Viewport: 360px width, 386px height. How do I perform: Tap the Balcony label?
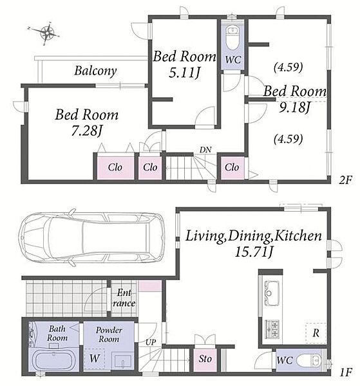pyautogui.click(x=95, y=71)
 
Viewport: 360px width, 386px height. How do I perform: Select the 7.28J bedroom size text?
pyautogui.click(x=86, y=131)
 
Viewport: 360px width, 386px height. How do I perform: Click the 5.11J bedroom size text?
pyautogui.click(x=184, y=73)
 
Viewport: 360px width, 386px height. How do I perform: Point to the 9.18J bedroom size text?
pyautogui.click(x=294, y=107)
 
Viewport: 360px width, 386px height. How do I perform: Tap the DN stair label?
pyautogui.click(x=205, y=149)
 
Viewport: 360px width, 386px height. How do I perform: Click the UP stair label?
pyautogui.click(x=150, y=342)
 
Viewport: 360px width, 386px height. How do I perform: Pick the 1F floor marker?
pyautogui.click(x=345, y=372)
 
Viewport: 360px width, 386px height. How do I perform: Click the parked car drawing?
pyautogui.click(x=91, y=237)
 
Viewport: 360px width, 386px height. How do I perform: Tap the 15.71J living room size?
pyautogui.click(x=254, y=252)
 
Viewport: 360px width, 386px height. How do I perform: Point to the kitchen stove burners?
pyautogui.click(x=272, y=329)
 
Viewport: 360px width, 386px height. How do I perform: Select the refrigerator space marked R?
pyautogui.click(x=316, y=333)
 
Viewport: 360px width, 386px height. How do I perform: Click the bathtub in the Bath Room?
pyautogui.click(x=53, y=360)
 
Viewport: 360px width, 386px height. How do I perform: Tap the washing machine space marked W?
pyautogui.click(x=95, y=359)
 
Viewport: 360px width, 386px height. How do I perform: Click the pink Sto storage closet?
pyautogui.click(x=205, y=360)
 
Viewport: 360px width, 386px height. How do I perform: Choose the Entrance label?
pyautogui.click(x=124, y=298)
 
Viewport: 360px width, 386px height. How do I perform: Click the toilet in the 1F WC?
pyautogui.click(x=309, y=361)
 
